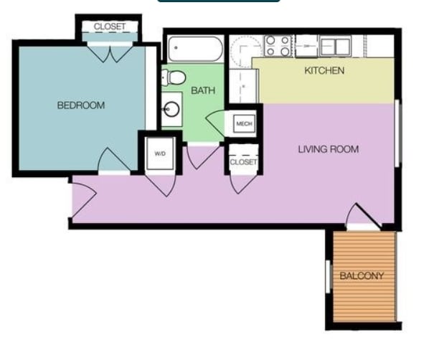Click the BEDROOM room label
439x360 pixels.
(80, 105)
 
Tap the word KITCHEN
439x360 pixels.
(324, 70)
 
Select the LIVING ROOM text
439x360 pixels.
(328, 149)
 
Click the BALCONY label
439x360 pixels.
(362, 276)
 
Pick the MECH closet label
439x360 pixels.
(244, 123)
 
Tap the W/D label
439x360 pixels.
(159, 153)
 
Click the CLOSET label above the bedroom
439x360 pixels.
(110, 27)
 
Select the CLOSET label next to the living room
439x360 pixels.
(243, 162)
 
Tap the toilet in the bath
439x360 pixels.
(174, 77)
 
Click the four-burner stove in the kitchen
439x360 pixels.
(278, 46)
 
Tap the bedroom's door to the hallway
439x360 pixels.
(113, 161)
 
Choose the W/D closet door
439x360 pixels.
(159, 184)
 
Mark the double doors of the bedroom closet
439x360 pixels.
(110, 50)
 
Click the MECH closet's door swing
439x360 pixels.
(215, 123)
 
